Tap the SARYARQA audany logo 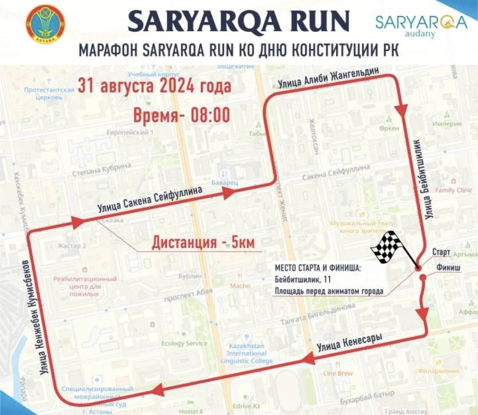point(421,25)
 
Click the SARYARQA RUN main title point(239,21)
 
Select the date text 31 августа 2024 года point(155,86)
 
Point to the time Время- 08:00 point(181,115)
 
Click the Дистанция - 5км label point(203,242)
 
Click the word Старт point(441,252)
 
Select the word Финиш point(448,267)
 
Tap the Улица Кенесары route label point(349,343)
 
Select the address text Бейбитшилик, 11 point(302,280)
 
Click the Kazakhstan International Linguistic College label point(247,353)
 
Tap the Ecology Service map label point(184,343)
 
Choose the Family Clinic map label point(453,190)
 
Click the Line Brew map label point(338,373)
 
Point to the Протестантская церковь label point(49,93)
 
